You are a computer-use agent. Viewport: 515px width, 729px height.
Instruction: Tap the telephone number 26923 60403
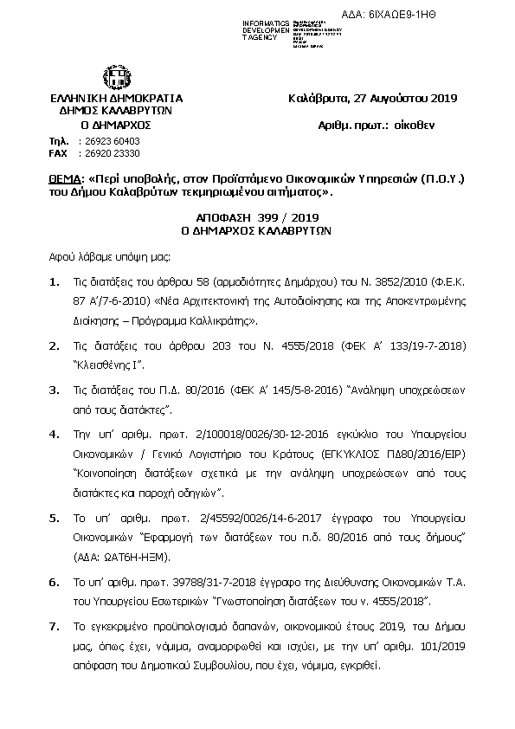pos(108,140)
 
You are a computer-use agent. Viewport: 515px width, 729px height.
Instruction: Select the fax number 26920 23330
pos(108,152)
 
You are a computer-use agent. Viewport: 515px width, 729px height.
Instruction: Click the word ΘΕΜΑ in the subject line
pos(66,180)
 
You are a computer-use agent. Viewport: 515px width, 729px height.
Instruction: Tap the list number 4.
pos(55,433)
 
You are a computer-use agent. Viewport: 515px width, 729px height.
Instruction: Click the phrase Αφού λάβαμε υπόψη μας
pos(110,257)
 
